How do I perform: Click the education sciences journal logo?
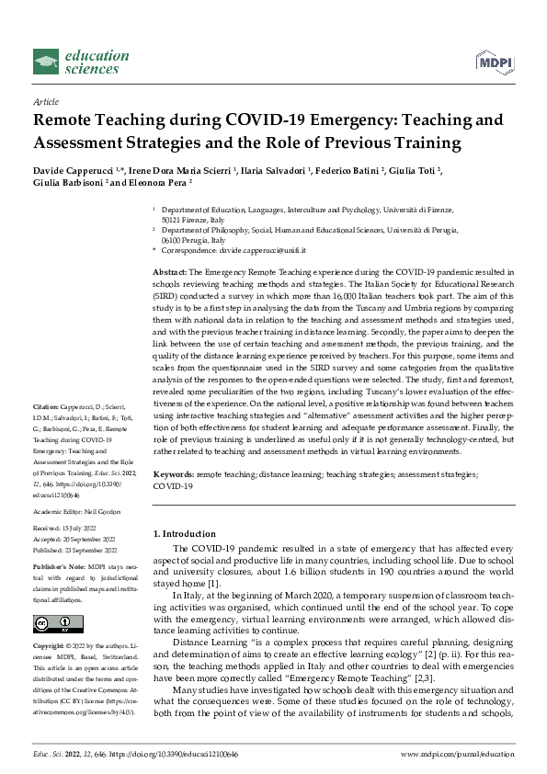(x=78, y=62)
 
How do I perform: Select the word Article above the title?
(x=45, y=101)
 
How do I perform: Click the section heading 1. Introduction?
(x=184, y=533)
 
